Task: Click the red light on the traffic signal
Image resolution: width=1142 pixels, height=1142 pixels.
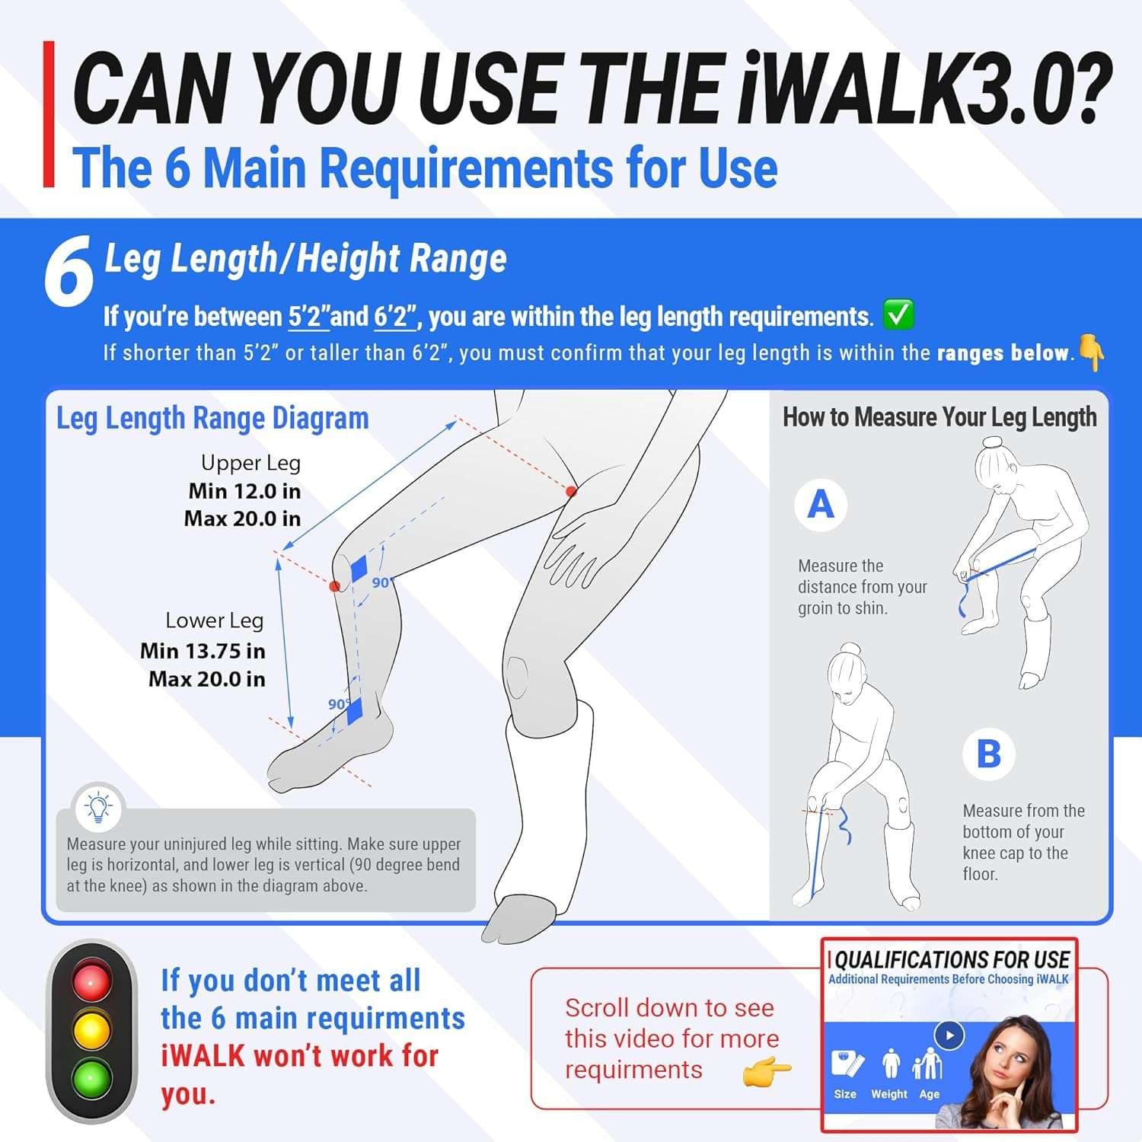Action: [91, 981]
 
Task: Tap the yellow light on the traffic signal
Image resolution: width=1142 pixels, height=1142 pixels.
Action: [91, 1030]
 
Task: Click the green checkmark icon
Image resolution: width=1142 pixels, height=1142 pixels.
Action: [898, 314]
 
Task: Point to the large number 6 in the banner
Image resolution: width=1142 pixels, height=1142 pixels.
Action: [69, 272]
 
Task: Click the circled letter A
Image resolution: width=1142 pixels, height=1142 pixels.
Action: [820, 504]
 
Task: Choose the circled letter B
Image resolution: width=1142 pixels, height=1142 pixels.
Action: [988, 754]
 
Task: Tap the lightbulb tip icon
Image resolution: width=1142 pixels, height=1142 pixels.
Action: [98, 806]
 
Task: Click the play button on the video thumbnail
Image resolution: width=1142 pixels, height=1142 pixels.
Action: [949, 1035]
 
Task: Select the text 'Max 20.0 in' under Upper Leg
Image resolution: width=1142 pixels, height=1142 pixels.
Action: [242, 519]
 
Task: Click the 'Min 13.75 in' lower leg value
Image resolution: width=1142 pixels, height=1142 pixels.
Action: [203, 651]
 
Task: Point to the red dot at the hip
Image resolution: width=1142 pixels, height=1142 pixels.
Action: [571, 491]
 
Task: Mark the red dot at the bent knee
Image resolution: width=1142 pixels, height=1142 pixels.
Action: [334, 585]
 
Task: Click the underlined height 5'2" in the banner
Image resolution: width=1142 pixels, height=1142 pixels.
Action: [308, 316]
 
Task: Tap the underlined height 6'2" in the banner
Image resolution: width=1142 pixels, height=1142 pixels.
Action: [395, 316]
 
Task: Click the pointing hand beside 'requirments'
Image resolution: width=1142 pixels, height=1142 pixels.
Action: [767, 1071]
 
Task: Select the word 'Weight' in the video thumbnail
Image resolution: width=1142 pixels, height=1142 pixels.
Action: [889, 1094]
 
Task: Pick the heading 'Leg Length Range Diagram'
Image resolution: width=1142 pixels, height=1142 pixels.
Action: [212, 418]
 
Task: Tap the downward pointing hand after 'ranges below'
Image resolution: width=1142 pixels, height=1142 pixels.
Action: [1092, 352]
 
